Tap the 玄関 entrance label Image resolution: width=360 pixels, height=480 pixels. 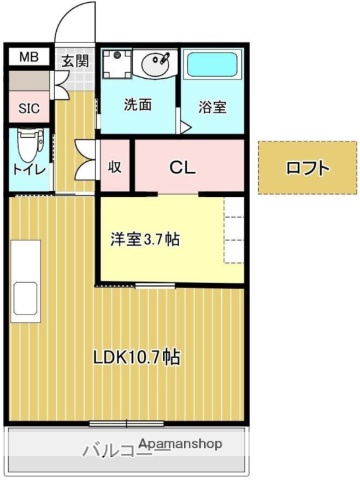point(74,61)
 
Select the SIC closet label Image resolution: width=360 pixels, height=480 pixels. point(28,107)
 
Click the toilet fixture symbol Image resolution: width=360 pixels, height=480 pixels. point(28,145)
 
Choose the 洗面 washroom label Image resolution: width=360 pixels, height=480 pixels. point(137,104)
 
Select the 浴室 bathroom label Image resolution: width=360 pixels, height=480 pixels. point(211,105)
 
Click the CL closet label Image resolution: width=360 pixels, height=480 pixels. point(181,167)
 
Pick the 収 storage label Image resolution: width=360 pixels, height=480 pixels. point(114,167)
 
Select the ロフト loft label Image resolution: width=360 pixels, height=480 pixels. point(307,168)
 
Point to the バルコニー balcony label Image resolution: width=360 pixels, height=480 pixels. point(117,449)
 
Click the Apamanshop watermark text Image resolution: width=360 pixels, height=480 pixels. point(181,443)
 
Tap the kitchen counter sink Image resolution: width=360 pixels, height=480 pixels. point(24,300)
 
